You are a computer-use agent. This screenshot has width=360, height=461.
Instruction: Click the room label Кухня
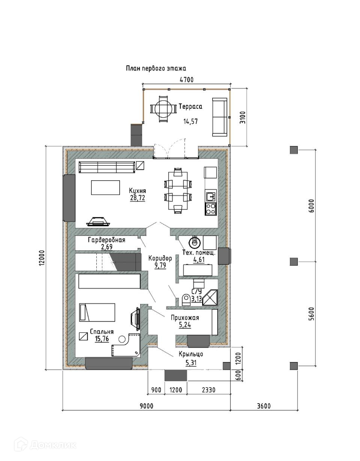click(137, 191)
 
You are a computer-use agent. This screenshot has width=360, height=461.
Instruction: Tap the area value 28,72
click(138, 198)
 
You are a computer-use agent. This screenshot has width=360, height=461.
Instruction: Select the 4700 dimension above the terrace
click(187, 79)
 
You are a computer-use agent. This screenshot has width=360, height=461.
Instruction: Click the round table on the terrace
click(163, 109)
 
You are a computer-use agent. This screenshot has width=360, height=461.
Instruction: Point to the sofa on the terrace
click(220, 117)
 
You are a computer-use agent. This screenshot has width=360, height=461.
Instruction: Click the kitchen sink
click(211, 196)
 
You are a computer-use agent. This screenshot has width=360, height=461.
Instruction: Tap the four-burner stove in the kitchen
click(211, 209)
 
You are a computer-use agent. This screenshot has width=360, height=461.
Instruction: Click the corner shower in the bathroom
click(210, 298)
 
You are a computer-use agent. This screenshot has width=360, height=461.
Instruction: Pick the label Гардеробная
click(106, 240)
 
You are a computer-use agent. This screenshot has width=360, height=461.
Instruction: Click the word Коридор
click(160, 258)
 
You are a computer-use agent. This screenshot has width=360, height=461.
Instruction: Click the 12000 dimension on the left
click(42, 257)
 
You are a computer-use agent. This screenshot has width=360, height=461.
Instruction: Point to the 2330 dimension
click(208, 390)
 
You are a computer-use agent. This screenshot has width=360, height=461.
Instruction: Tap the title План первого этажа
click(156, 69)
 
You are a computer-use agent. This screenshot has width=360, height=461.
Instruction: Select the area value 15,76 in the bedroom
click(102, 339)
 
